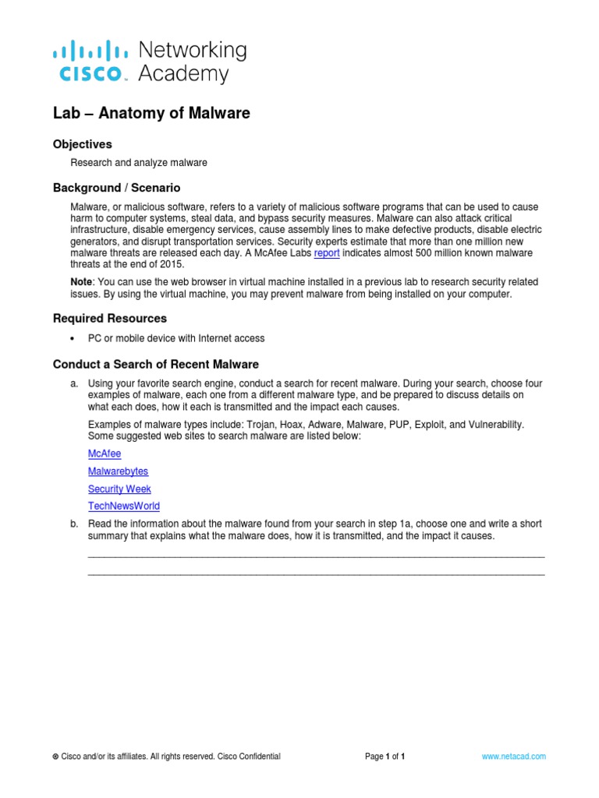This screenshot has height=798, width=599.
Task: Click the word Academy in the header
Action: [183, 74]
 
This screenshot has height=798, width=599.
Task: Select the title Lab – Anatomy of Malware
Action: [151, 114]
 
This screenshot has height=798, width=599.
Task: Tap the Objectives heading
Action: [83, 145]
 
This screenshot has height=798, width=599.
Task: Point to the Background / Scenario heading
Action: [116, 189]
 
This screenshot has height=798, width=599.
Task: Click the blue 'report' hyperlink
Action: [327, 253]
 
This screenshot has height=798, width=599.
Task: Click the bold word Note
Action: [83, 281]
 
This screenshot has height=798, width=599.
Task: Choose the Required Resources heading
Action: [110, 319]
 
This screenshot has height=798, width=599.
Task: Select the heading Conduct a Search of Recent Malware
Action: [156, 365]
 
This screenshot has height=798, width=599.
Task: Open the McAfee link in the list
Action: [105, 454]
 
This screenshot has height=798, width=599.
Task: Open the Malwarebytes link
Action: [118, 471]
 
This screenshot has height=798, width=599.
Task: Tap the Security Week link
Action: [119, 489]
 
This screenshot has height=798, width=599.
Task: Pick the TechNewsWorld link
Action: [124, 507]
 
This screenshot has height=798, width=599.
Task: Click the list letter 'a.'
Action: [74, 384]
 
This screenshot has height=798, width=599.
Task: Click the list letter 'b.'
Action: [74, 524]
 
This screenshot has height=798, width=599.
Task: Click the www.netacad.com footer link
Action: [514, 757]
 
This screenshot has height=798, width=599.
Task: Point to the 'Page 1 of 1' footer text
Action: [385, 757]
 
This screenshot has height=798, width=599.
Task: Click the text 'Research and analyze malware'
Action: [139, 163]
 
